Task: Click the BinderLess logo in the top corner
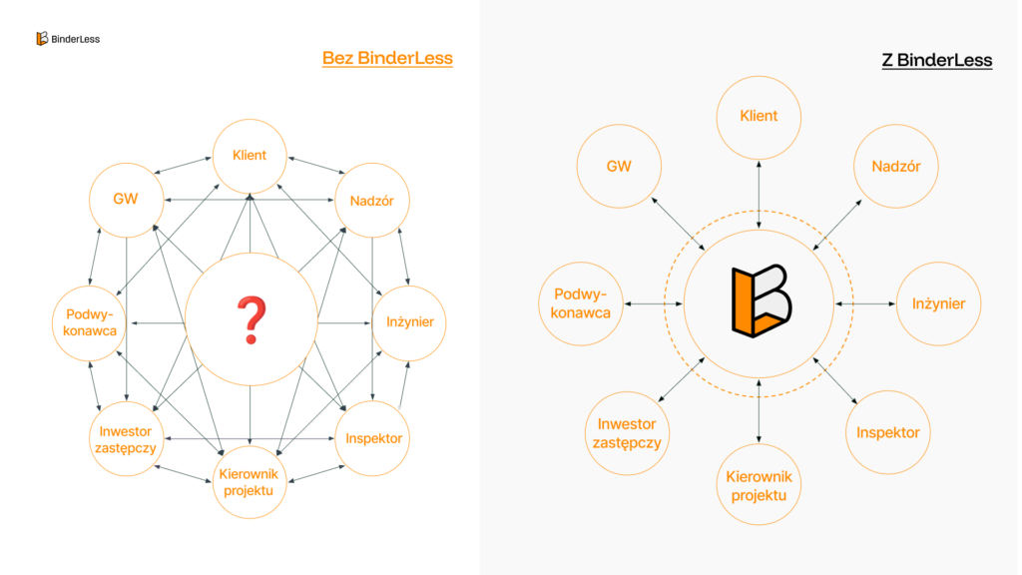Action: [67, 39]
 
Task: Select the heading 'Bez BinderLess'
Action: [387, 58]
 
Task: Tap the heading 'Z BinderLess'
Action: [936, 60]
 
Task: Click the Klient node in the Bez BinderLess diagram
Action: [250, 156]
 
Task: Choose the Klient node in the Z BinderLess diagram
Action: [759, 116]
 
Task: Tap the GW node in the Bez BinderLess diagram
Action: [126, 199]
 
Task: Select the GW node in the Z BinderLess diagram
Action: [619, 166]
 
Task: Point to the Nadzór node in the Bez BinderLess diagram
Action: [372, 201]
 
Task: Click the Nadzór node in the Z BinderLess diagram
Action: [896, 166]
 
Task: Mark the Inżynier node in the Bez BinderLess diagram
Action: [409, 322]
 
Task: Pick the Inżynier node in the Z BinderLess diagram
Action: [938, 302]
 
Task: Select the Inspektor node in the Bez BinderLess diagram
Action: [373, 438]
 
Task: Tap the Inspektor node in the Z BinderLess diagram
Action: [887, 432]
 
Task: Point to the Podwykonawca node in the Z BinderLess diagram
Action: [581, 302]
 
